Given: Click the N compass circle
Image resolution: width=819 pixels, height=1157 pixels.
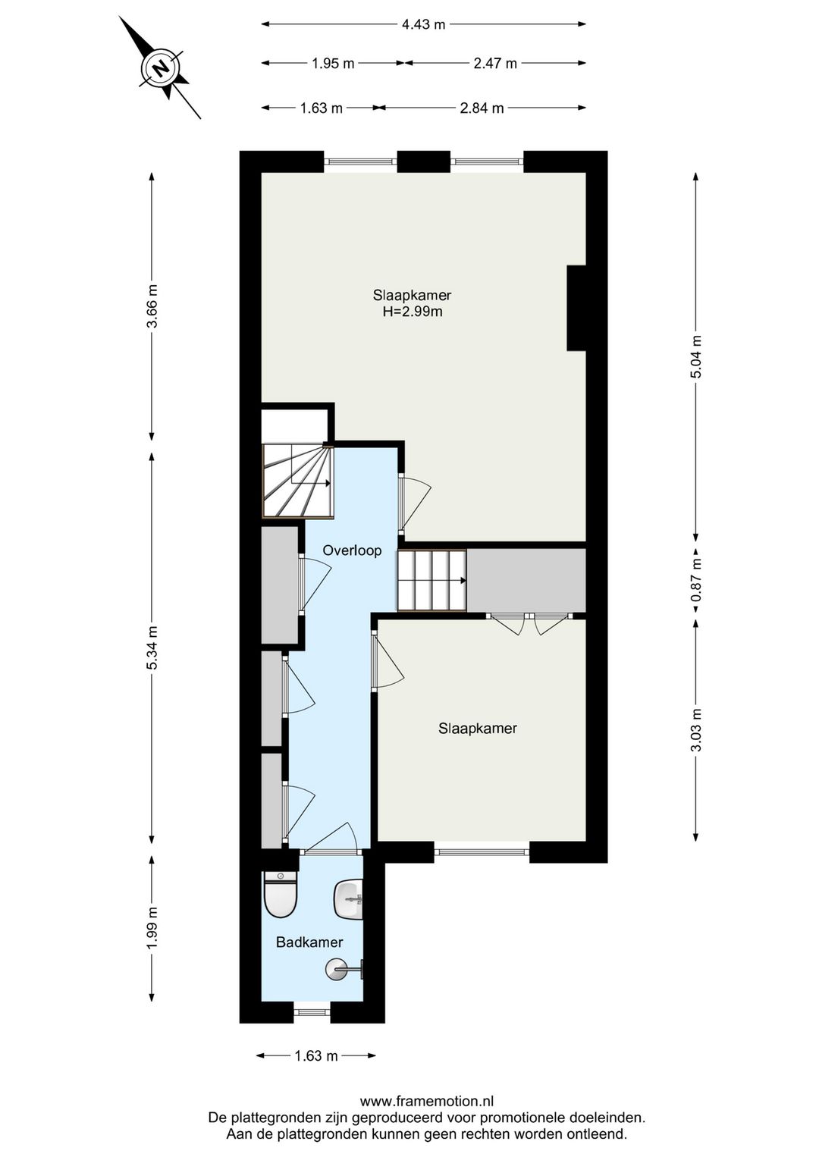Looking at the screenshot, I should click(160, 68).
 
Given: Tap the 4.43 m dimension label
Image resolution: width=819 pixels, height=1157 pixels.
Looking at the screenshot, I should click(423, 24).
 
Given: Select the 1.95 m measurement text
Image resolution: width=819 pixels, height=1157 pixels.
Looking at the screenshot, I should click(333, 64).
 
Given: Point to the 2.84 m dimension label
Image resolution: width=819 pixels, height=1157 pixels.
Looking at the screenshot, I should click(482, 108).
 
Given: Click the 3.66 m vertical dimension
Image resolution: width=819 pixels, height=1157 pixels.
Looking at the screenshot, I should click(152, 306).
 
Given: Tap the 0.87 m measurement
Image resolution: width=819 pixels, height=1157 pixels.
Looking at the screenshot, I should click(696, 580).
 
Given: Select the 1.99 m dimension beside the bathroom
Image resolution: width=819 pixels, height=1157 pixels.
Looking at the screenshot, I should click(152, 927).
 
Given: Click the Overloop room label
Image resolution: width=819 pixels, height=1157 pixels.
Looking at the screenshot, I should click(352, 550).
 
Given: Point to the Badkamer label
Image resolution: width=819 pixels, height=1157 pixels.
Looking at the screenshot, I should click(309, 942).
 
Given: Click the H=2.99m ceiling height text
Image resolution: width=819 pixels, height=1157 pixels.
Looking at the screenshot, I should click(412, 311).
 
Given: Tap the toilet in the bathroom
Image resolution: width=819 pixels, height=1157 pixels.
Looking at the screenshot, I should click(280, 894).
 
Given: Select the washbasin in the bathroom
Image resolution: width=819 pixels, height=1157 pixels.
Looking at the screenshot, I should click(349, 899).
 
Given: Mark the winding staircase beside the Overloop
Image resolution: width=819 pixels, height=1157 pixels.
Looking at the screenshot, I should click(298, 481).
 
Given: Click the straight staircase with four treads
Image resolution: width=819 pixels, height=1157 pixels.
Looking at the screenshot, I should click(431, 580).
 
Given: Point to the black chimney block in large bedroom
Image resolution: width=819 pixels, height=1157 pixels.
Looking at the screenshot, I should click(576, 308).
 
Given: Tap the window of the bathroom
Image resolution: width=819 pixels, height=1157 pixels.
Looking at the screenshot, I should click(312, 1012).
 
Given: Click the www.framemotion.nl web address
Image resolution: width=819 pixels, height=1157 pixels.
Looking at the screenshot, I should click(426, 1102).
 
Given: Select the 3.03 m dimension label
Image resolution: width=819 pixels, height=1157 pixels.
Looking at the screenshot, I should click(696, 729).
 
